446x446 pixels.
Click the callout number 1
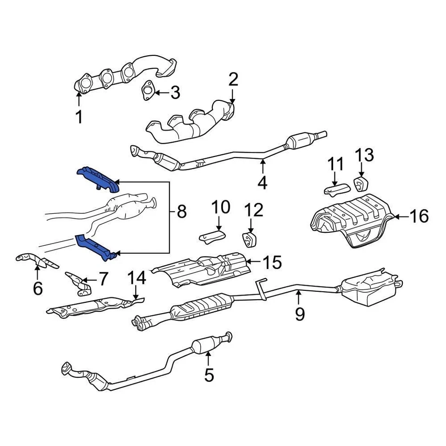click(x=79, y=117)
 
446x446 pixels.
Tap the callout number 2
click(x=233, y=80)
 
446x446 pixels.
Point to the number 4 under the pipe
click(x=262, y=182)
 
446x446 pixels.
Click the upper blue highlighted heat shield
click(x=98, y=179)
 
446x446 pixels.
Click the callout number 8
click(x=181, y=212)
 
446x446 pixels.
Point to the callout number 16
click(x=420, y=216)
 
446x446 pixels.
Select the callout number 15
click(x=272, y=263)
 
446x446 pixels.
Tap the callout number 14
click(x=137, y=278)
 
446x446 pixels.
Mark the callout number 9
click(x=300, y=315)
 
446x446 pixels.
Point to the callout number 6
click(x=38, y=289)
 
